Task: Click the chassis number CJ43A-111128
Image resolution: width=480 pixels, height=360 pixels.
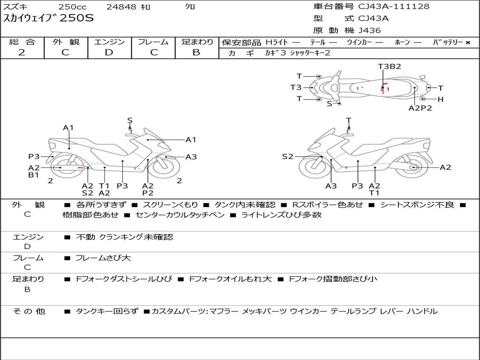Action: coord(394,7)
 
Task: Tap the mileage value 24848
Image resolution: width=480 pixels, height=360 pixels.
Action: coord(121,7)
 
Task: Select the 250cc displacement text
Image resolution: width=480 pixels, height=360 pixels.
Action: coord(73,7)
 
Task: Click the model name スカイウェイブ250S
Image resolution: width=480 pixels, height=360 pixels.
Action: coord(49,18)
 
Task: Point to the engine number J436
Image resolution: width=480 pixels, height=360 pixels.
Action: coord(369,30)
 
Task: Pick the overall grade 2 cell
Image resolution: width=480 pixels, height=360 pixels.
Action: coord(22,52)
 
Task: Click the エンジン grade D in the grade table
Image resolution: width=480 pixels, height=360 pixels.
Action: coord(109,52)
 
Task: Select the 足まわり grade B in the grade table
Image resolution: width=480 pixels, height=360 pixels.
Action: coord(196,52)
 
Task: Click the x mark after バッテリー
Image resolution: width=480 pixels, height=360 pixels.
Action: coord(468,43)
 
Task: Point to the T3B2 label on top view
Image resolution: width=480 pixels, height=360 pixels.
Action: coord(390,67)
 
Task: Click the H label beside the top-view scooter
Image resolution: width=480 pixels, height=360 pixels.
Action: coord(440,99)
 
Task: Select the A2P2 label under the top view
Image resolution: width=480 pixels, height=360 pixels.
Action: coord(420,108)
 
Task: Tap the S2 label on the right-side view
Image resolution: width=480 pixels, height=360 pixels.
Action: coord(287,157)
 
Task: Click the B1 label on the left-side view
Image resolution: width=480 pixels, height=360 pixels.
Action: coord(33,175)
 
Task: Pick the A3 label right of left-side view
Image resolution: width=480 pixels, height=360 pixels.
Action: coord(191,157)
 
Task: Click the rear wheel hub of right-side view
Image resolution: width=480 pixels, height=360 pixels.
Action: coord(413,167)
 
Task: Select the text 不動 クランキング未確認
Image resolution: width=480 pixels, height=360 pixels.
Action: coord(124,237)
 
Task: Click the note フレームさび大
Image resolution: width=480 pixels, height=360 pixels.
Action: coord(103,258)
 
